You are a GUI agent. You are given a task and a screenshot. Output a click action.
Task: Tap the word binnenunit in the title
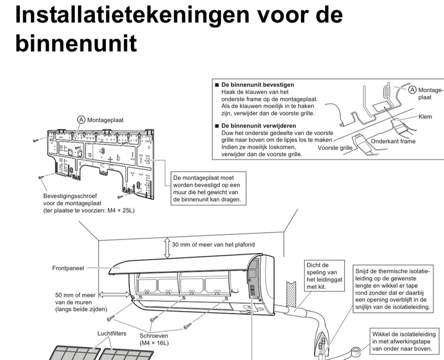[75, 43]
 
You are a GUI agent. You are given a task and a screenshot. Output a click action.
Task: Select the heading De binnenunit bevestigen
[258, 84]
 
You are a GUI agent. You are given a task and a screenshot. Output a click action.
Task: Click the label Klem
[425, 117]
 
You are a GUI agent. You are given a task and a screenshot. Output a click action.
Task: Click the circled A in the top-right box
[412, 89]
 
